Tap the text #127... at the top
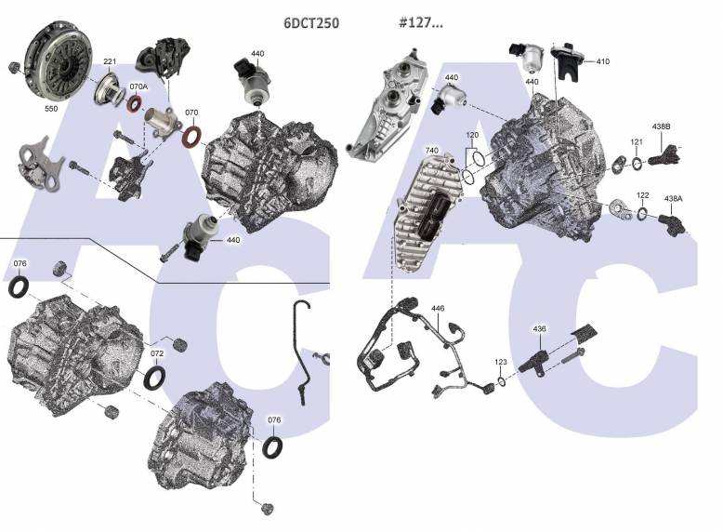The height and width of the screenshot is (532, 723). point(420,23)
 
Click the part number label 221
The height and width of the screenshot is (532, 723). point(110,62)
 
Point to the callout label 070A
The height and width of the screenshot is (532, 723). point(138,86)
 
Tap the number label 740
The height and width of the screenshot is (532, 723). point(430,150)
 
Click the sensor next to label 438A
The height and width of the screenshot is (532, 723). point(669,224)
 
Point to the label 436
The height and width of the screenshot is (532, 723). point(540,328)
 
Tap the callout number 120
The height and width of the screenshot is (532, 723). point(472,136)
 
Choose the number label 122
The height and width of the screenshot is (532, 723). point(643,196)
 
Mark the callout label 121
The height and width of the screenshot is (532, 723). point(637,142)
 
